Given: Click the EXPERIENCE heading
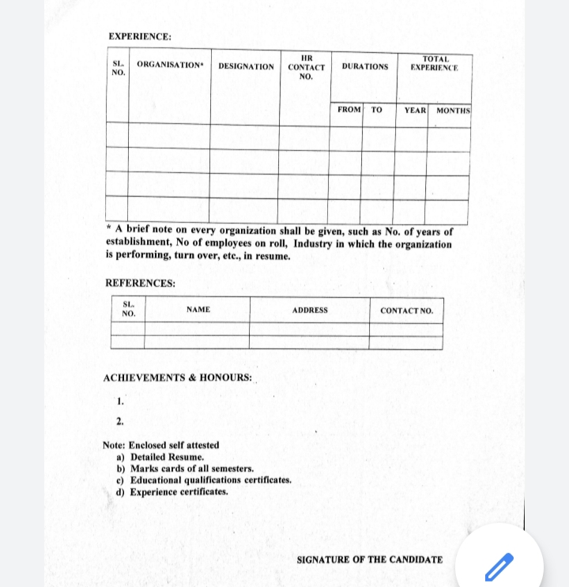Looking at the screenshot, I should pos(140,36).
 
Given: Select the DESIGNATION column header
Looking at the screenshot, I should pos(246,66).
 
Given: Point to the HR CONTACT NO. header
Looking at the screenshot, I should pos(306,67).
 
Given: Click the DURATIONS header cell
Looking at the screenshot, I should pos(364,66).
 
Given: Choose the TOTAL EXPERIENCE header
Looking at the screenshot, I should pos(435,63).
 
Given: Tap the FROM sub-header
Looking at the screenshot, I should pos(349,110).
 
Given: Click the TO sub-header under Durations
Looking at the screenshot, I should pos(376,110).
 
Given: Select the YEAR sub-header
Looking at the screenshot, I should pos(415,111).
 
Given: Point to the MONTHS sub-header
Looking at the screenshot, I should pos(453,111).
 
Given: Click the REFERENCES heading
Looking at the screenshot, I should pos(141,284).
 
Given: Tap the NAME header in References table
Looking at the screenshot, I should pos(198,310).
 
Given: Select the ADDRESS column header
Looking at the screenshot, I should pos(310,310).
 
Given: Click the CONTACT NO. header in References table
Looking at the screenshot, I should pos(406,310).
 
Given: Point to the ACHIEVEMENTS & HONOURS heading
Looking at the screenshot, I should pos(178,378).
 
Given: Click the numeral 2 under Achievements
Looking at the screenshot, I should pos(119,420).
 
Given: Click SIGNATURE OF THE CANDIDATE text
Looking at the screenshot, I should pos(369,559).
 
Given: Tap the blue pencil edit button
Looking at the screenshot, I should pos(499,566).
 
